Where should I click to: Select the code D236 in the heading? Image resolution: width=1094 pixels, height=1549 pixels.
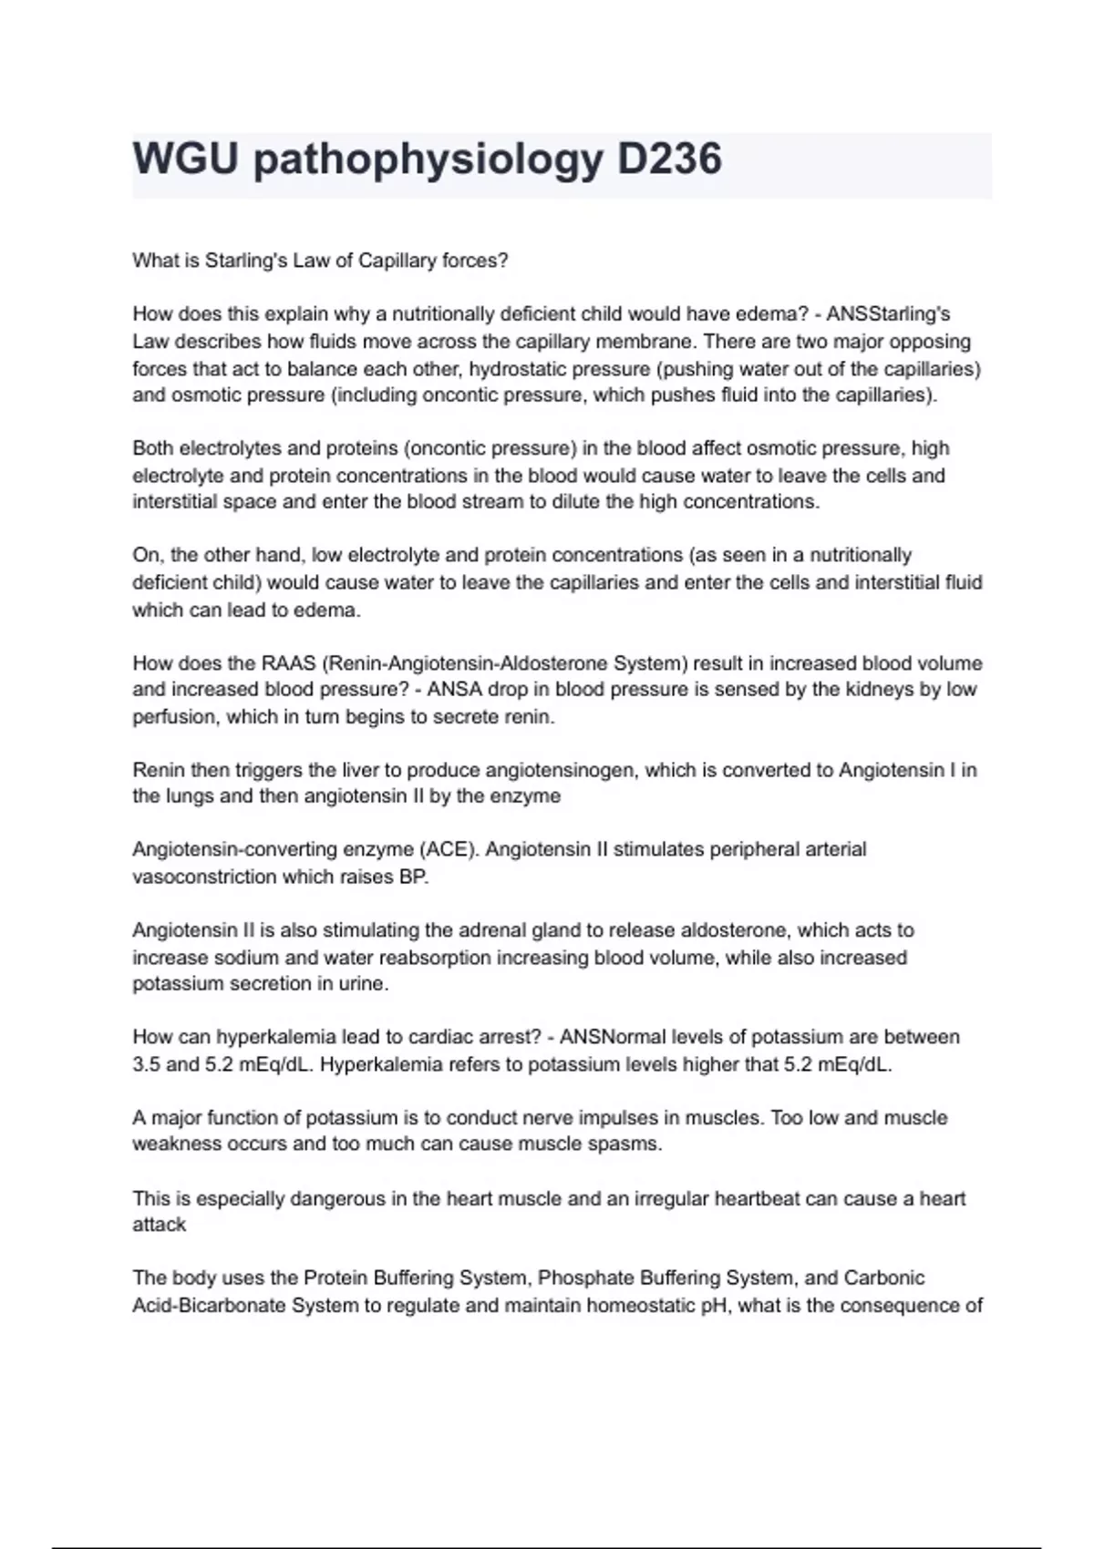pos(669,159)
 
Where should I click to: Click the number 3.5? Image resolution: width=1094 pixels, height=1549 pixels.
pos(146,1064)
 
